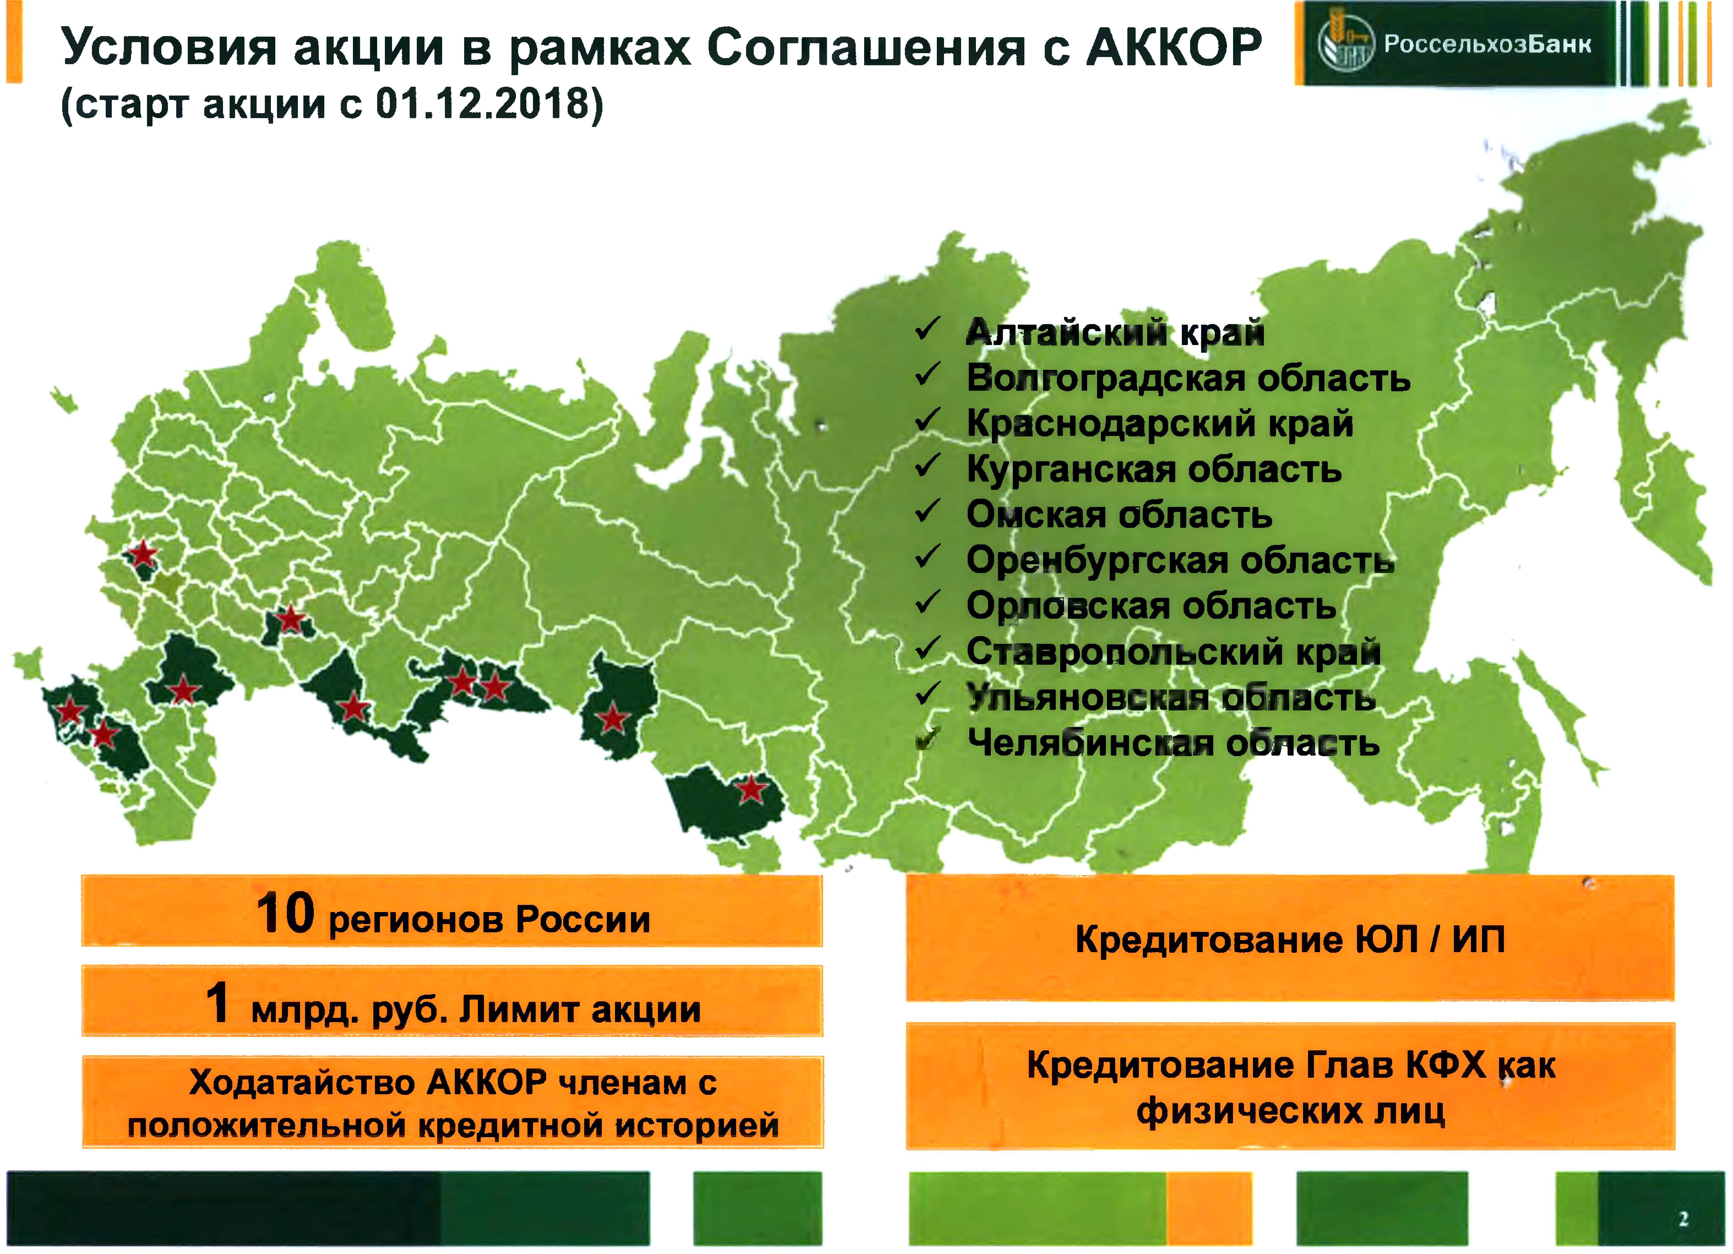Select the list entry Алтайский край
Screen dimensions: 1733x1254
coord(1115,333)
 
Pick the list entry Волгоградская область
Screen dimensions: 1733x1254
coord(1188,378)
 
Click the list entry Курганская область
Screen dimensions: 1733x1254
coord(1154,469)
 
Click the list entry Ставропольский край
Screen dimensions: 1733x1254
coord(1174,652)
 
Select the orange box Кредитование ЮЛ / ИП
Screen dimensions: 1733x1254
coord(1290,938)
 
